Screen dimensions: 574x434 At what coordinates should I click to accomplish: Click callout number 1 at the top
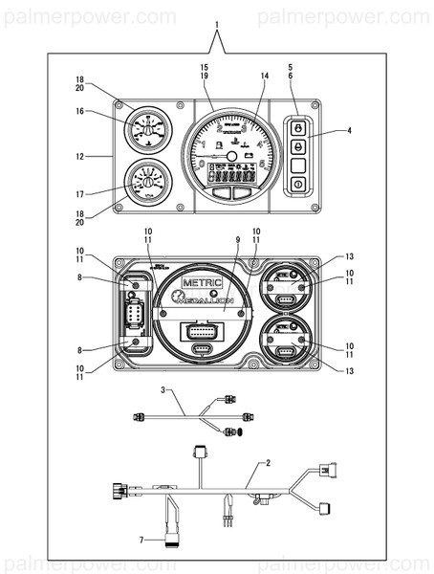click(217, 22)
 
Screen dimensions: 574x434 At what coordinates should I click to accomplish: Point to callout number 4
click(350, 130)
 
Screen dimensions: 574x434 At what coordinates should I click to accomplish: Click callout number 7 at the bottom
click(142, 541)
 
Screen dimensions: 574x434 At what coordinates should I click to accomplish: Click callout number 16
click(81, 111)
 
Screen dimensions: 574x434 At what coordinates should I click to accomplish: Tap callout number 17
click(81, 193)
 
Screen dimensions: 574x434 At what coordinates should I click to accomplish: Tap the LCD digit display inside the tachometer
click(228, 177)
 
